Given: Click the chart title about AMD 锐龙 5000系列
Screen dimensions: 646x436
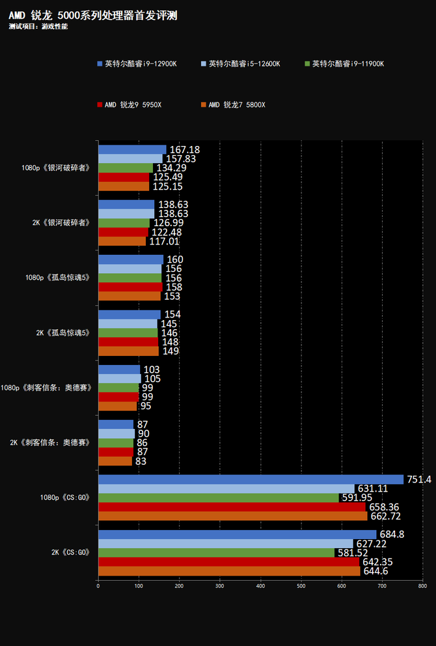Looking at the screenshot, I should coord(93,15).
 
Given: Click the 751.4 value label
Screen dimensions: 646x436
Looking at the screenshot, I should coord(418,479).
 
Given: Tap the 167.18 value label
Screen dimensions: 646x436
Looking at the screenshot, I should coord(184,150).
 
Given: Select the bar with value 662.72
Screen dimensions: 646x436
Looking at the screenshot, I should coord(232,516).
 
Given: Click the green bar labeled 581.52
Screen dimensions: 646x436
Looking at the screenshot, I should coord(216,553).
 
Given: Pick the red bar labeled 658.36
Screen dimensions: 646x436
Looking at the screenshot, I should coord(232,507).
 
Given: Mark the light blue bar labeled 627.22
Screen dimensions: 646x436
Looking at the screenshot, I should coord(225,544).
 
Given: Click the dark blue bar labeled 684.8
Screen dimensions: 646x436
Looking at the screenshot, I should coord(237,535).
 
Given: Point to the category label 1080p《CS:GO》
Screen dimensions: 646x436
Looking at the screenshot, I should coord(64,497).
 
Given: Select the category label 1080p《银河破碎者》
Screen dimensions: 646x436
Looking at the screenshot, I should coord(55,168).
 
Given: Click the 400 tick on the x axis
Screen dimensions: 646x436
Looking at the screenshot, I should coord(260,586).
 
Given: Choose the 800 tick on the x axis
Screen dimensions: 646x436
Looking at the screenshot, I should coord(422,586).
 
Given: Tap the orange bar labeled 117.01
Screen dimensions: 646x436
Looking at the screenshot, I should coord(122,241).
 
